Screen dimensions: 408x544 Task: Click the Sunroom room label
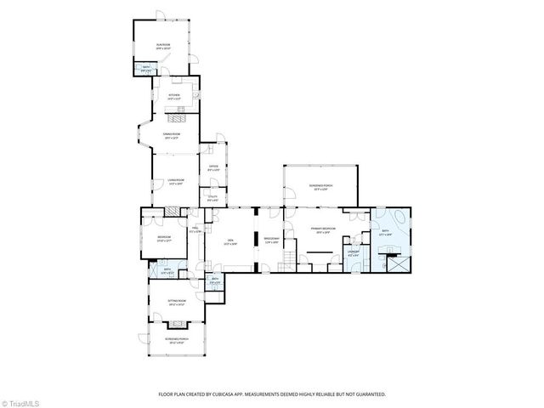click(x=163, y=48)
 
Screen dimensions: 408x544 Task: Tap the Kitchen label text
click(x=173, y=97)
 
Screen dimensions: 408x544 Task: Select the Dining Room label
click(x=173, y=135)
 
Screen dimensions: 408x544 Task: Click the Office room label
click(x=213, y=168)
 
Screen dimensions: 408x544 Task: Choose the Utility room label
click(x=212, y=199)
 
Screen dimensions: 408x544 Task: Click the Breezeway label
click(x=271, y=240)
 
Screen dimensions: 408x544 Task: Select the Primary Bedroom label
click(x=324, y=230)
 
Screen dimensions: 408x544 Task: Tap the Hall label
click(x=195, y=229)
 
